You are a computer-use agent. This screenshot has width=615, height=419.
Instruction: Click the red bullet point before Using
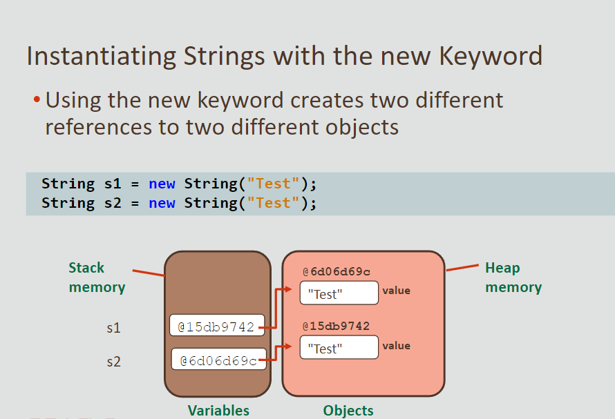pyautogui.click(x=37, y=101)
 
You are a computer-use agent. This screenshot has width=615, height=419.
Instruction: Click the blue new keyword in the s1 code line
pyautogui.click(x=162, y=184)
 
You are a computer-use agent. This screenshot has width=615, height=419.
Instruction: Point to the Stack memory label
pyautogui.click(x=96, y=277)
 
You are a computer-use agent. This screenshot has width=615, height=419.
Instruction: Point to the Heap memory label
pyautogui.click(x=513, y=277)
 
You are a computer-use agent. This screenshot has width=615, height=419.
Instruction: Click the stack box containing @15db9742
pyautogui.click(x=217, y=326)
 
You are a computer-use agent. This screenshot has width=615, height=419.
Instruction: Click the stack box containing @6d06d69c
pyautogui.click(x=218, y=360)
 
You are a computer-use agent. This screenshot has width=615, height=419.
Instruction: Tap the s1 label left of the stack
pyautogui.click(x=113, y=328)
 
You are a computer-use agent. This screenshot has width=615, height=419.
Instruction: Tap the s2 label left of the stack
pyautogui.click(x=113, y=361)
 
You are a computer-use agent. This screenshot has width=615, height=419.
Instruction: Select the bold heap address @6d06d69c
pyautogui.click(x=336, y=271)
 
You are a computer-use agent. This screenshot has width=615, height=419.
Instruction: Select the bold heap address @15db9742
pyautogui.click(x=336, y=326)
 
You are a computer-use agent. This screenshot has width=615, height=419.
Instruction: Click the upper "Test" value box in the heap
pyautogui.click(x=339, y=293)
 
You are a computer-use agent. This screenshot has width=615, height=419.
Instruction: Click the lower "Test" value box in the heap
pyautogui.click(x=339, y=348)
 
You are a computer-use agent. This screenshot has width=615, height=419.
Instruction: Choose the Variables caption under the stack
pyautogui.click(x=218, y=411)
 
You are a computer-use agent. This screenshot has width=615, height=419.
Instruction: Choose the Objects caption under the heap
pyautogui.click(x=348, y=411)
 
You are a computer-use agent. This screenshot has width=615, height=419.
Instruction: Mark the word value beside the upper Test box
pyautogui.click(x=397, y=291)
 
